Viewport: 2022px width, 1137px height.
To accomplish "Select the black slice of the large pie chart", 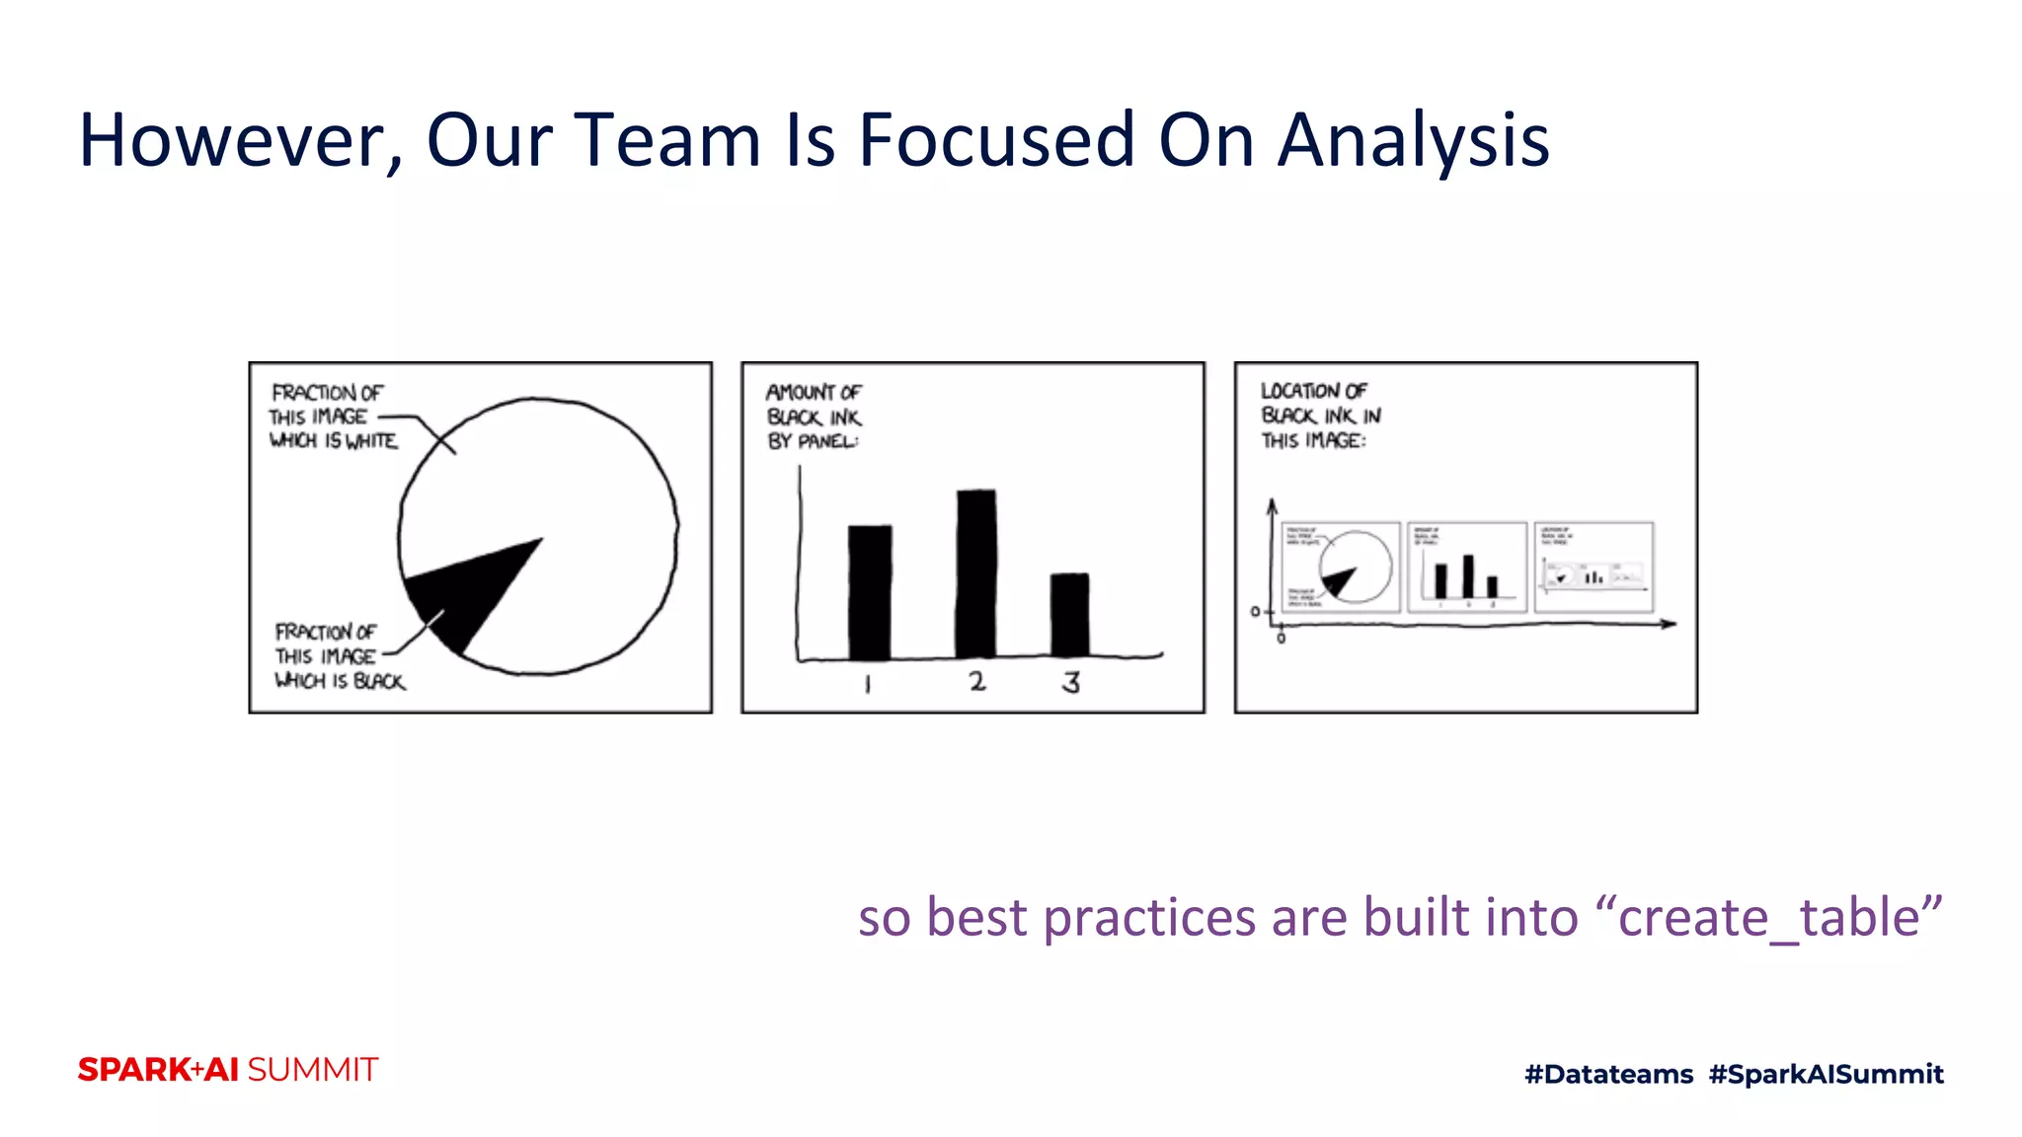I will [x=469, y=592].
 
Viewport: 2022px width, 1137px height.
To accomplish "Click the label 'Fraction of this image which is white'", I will [x=333, y=417].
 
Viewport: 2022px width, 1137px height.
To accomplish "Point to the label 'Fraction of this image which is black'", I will [x=338, y=656].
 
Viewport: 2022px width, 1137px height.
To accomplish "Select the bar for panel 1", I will [x=870, y=592].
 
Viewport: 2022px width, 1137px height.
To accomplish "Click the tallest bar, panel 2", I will [x=975, y=572].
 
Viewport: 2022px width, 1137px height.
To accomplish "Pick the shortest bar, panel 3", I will [x=1069, y=615].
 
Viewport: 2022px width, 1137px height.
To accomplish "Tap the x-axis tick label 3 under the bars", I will [x=1071, y=682].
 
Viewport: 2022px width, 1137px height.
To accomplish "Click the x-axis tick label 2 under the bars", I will [x=976, y=681].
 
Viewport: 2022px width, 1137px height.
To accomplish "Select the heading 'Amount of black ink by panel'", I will [x=814, y=417].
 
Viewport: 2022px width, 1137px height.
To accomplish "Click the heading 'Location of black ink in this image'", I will [x=1319, y=416].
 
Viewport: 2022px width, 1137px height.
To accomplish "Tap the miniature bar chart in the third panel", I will [x=1466, y=568].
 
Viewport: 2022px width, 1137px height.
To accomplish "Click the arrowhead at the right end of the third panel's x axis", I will [x=1670, y=624].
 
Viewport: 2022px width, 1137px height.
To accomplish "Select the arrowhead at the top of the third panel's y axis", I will [x=1273, y=505].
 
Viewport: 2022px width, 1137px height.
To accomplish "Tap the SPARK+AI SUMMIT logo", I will [x=228, y=1070].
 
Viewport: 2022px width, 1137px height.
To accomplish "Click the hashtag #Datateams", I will [x=1608, y=1074].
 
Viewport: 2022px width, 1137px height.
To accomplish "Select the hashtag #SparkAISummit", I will [x=1826, y=1074].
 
